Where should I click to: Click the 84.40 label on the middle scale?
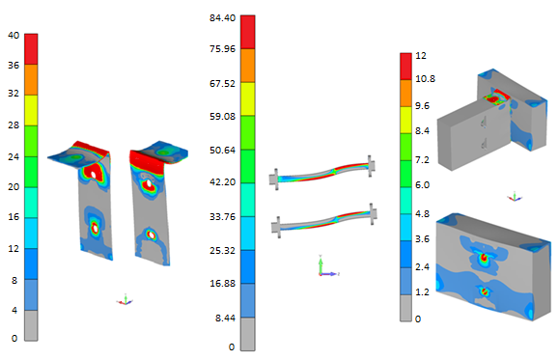222,17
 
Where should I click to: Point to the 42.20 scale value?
222,182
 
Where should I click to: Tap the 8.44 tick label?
225,318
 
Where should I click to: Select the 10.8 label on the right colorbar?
426,78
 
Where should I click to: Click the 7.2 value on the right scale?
422,160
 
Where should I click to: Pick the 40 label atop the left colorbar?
14,35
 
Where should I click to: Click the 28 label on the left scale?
14,125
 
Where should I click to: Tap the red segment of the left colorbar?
31,49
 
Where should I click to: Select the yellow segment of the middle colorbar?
248,98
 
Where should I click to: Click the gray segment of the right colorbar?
405,308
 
